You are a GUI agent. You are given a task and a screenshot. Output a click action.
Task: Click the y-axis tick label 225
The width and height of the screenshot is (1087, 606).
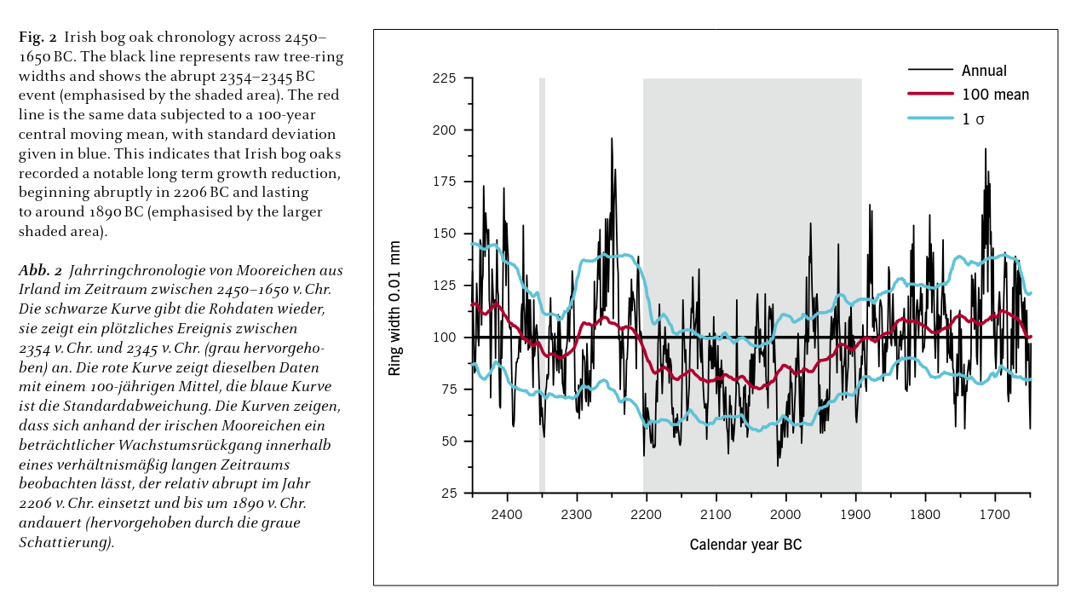point(445,78)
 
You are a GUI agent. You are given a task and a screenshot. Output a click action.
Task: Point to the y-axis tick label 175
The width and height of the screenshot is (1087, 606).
point(445,182)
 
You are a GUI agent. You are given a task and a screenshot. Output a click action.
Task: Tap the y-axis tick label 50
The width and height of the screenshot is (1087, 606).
point(448,442)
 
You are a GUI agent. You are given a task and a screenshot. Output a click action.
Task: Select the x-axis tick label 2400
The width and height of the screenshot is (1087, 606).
point(507,515)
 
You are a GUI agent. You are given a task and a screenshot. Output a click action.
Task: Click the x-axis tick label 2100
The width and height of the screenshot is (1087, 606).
point(716,515)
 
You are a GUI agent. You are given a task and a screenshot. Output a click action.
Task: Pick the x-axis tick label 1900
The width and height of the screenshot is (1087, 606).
point(855,515)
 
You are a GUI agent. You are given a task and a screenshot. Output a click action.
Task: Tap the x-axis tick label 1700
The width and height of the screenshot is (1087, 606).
point(994,515)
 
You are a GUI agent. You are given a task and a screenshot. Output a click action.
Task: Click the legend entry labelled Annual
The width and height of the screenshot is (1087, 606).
point(984,71)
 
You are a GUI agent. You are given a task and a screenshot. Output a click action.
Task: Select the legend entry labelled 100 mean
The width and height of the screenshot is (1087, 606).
point(995,95)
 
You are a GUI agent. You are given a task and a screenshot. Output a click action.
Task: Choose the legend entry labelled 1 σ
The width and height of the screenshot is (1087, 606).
point(973,119)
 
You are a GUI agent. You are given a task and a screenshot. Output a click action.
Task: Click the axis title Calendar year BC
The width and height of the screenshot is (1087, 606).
point(745,545)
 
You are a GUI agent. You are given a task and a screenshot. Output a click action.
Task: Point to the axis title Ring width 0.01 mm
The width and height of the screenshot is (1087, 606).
point(394,308)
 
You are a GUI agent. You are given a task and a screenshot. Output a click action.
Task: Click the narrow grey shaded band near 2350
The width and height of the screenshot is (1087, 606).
point(542,256)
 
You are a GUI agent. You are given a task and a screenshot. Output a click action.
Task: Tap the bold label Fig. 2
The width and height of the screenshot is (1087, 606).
point(37,38)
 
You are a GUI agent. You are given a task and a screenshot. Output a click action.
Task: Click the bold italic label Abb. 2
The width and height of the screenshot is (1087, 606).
point(40,271)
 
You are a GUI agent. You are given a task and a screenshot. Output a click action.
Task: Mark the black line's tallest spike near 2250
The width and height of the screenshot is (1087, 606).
point(611,139)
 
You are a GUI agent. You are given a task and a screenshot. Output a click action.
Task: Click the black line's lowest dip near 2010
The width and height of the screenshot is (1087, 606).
point(777,465)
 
